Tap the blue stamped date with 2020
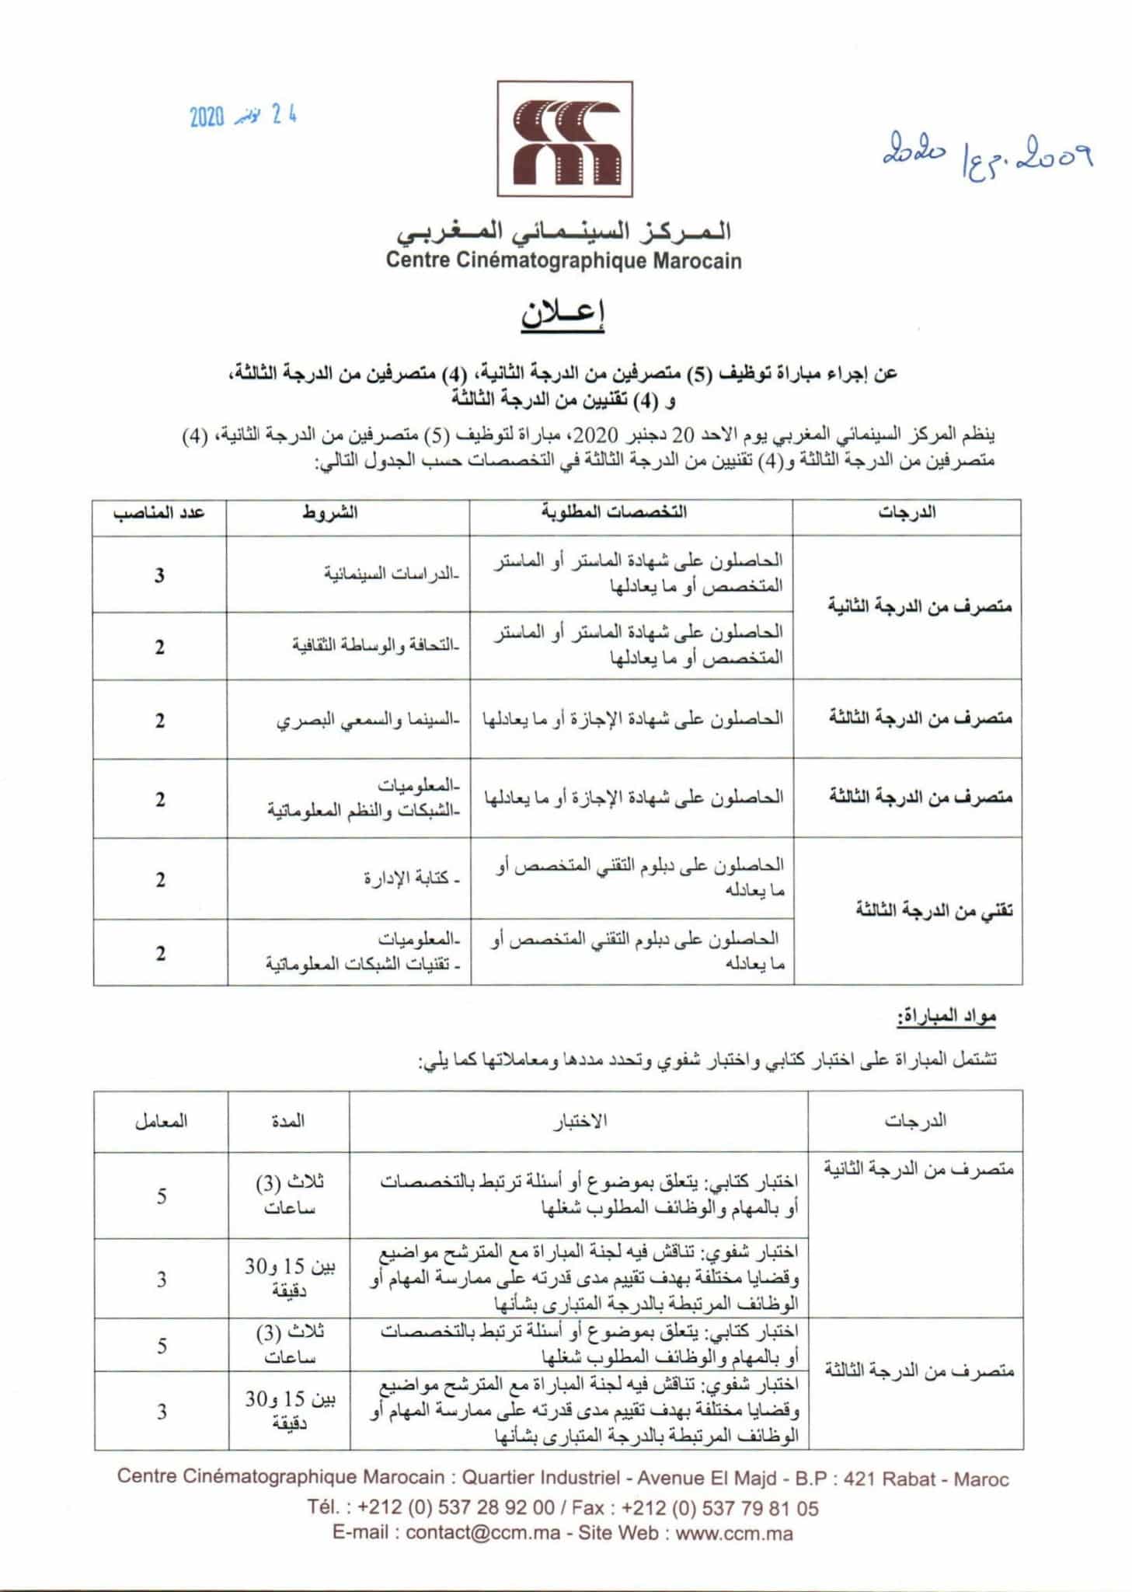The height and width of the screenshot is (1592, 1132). pyautogui.click(x=243, y=117)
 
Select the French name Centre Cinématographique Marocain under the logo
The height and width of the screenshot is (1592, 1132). pyautogui.click(x=564, y=260)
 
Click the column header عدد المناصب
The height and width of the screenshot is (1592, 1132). pyautogui.click(x=158, y=514)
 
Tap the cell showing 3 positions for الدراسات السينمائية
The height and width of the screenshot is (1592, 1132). pyautogui.click(x=159, y=575)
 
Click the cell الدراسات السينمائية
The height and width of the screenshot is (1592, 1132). pyautogui.click(x=392, y=575)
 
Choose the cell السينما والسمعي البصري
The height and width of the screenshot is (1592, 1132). pyautogui.click(x=368, y=721)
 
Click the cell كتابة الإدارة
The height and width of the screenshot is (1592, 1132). pyautogui.click(x=412, y=879)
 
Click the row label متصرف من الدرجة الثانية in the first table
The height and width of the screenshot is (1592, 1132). pyautogui.click(x=920, y=606)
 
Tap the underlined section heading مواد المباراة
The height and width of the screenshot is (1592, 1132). pyautogui.click(x=946, y=1017)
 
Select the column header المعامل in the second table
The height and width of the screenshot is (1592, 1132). pyautogui.click(x=161, y=1122)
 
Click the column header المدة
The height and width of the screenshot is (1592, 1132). pyautogui.click(x=287, y=1122)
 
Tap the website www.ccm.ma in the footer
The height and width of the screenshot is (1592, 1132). pyautogui.click(x=733, y=1533)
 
